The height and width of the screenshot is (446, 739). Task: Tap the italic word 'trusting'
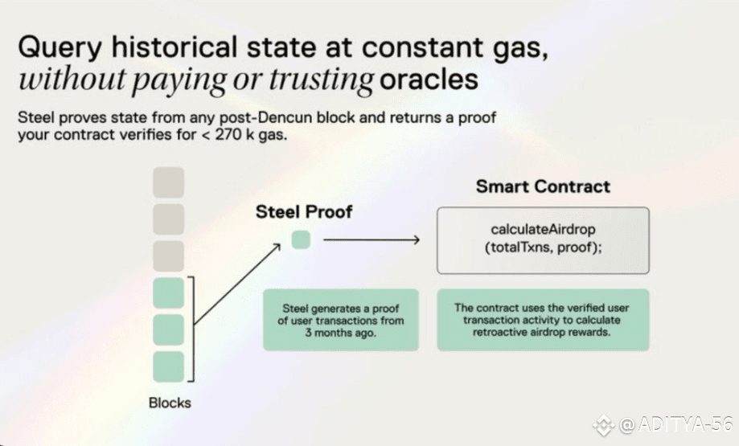[x=322, y=80]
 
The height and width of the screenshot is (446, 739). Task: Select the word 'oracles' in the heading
[x=429, y=79]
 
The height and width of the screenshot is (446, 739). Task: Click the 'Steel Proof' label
[x=304, y=212]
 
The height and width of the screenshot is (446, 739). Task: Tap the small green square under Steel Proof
[x=301, y=239]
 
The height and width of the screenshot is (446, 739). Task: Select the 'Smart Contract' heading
[x=543, y=186]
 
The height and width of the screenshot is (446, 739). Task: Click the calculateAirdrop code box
[x=543, y=240]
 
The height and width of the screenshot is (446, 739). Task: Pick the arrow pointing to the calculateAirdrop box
[x=372, y=240]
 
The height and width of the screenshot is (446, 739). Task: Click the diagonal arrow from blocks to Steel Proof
[x=237, y=284]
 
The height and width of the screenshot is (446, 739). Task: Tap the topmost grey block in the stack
[x=168, y=182]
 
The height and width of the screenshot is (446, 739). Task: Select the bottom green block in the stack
[x=168, y=366]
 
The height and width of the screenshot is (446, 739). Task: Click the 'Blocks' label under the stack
[x=170, y=403]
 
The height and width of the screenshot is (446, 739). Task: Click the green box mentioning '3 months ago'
[x=341, y=320]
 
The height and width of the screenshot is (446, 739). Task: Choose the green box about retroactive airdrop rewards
[x=543, y=320]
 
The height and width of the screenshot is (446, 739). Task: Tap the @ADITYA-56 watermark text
[x=675, y=425]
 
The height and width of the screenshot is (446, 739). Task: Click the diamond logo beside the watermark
[x=604, y=425]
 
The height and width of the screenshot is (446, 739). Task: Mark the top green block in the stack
[x=168, y=293]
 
